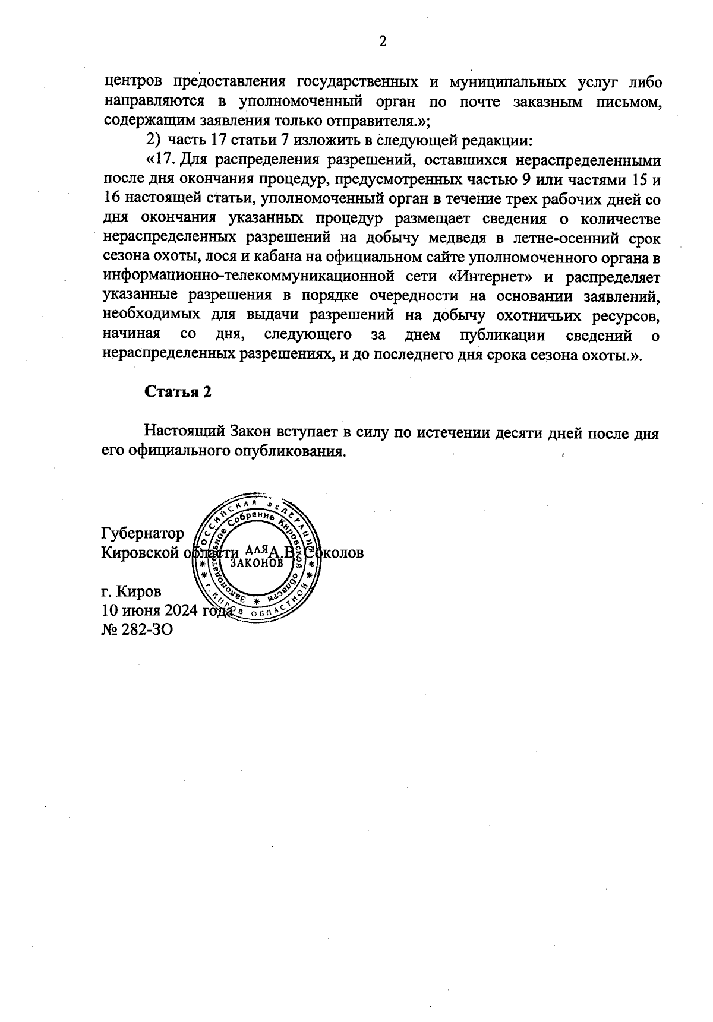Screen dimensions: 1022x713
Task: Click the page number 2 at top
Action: click(x=382, y=42)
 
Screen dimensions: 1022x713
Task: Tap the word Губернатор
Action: click(x=143, y=533)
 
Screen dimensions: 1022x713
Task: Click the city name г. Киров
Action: click(x=131, y=591)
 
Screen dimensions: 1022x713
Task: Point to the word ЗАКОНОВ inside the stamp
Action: click(x=257, y=562)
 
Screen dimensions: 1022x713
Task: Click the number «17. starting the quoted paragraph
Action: click(x=160, y=160)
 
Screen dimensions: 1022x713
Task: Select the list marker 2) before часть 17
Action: click(x=153, y=141)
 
